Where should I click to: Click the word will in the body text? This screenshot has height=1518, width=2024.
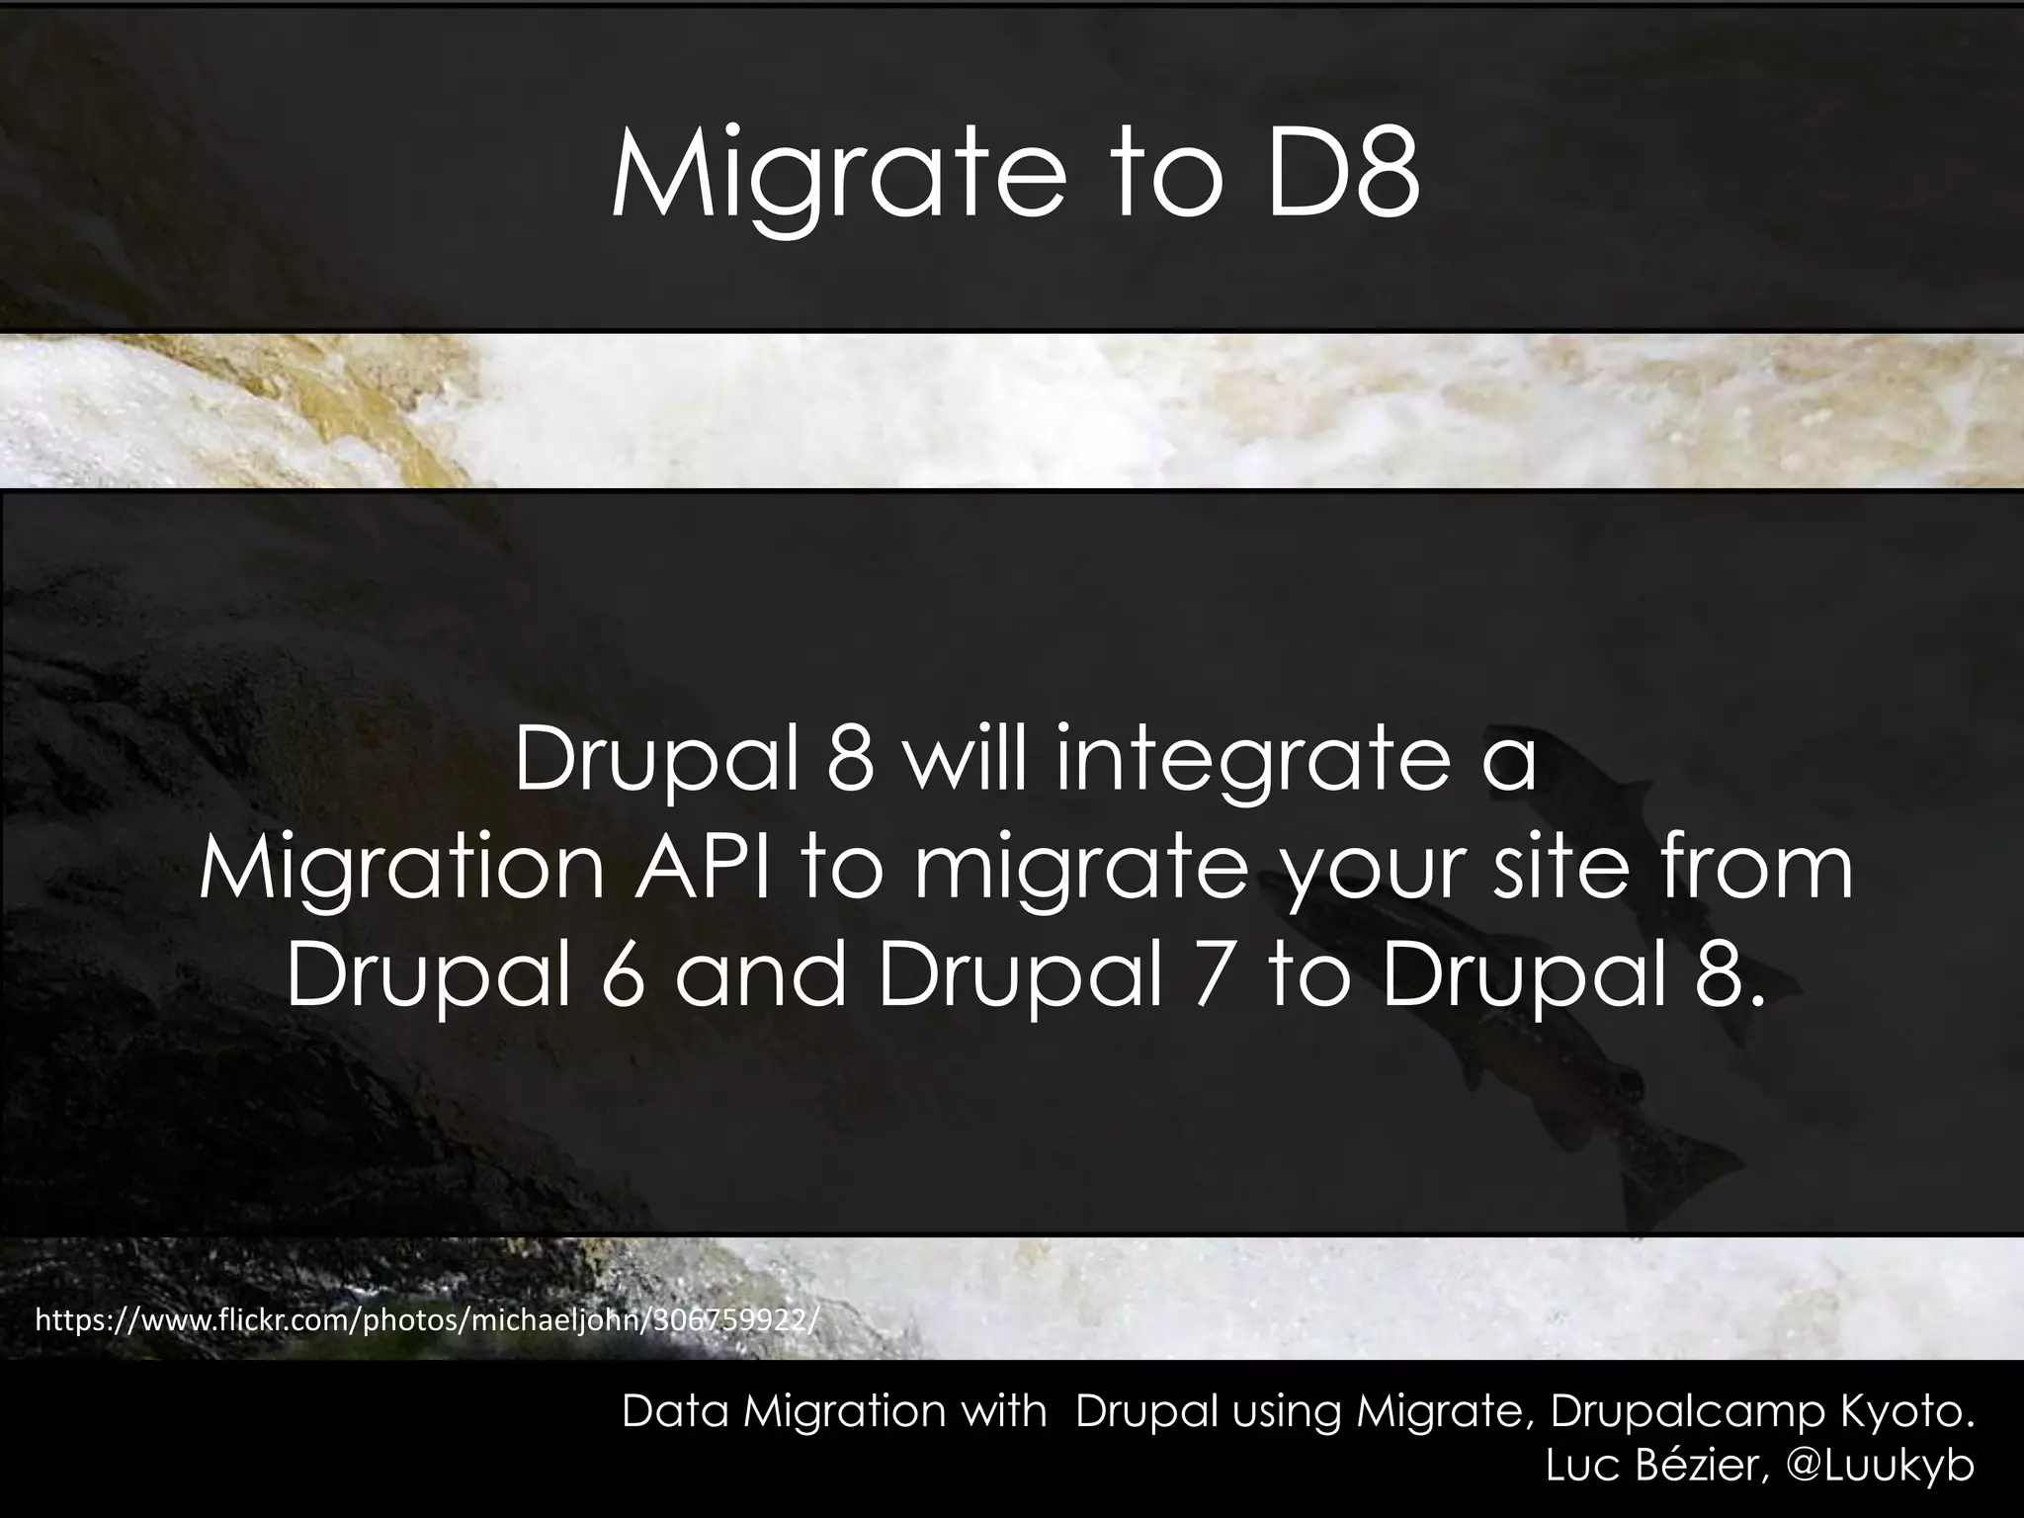pos(965,761)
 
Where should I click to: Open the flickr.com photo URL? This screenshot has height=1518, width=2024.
pos(426,1320)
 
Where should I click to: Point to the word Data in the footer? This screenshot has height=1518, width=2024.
pos(676,1411)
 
